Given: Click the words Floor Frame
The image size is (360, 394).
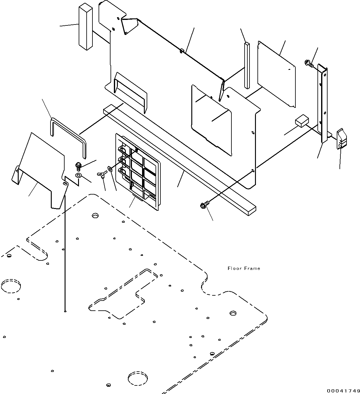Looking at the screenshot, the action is [244, 268].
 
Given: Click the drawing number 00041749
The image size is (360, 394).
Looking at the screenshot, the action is [343, 390].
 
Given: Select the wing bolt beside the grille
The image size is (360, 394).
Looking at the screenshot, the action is [102, 174].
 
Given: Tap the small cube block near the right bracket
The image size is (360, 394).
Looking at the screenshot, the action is [302, 120].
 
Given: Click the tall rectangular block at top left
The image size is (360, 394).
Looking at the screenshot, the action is [86, 27].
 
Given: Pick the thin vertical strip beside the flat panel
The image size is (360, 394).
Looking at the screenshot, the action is [247, 66].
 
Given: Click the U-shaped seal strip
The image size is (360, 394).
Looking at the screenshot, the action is [68, 138].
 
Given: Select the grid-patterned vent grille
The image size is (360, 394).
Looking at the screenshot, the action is [138, 172].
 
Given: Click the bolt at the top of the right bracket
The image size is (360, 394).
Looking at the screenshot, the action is [309, 63].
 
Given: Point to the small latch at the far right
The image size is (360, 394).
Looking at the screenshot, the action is [342, 139].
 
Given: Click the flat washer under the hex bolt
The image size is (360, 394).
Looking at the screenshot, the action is [79, 175].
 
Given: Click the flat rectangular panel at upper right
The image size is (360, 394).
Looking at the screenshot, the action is [276, 74].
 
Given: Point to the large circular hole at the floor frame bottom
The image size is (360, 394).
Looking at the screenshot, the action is [137, 378].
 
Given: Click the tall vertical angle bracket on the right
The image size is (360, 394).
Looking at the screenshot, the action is [322, 103].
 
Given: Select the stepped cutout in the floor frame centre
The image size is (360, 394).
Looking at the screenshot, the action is [123, 294].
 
